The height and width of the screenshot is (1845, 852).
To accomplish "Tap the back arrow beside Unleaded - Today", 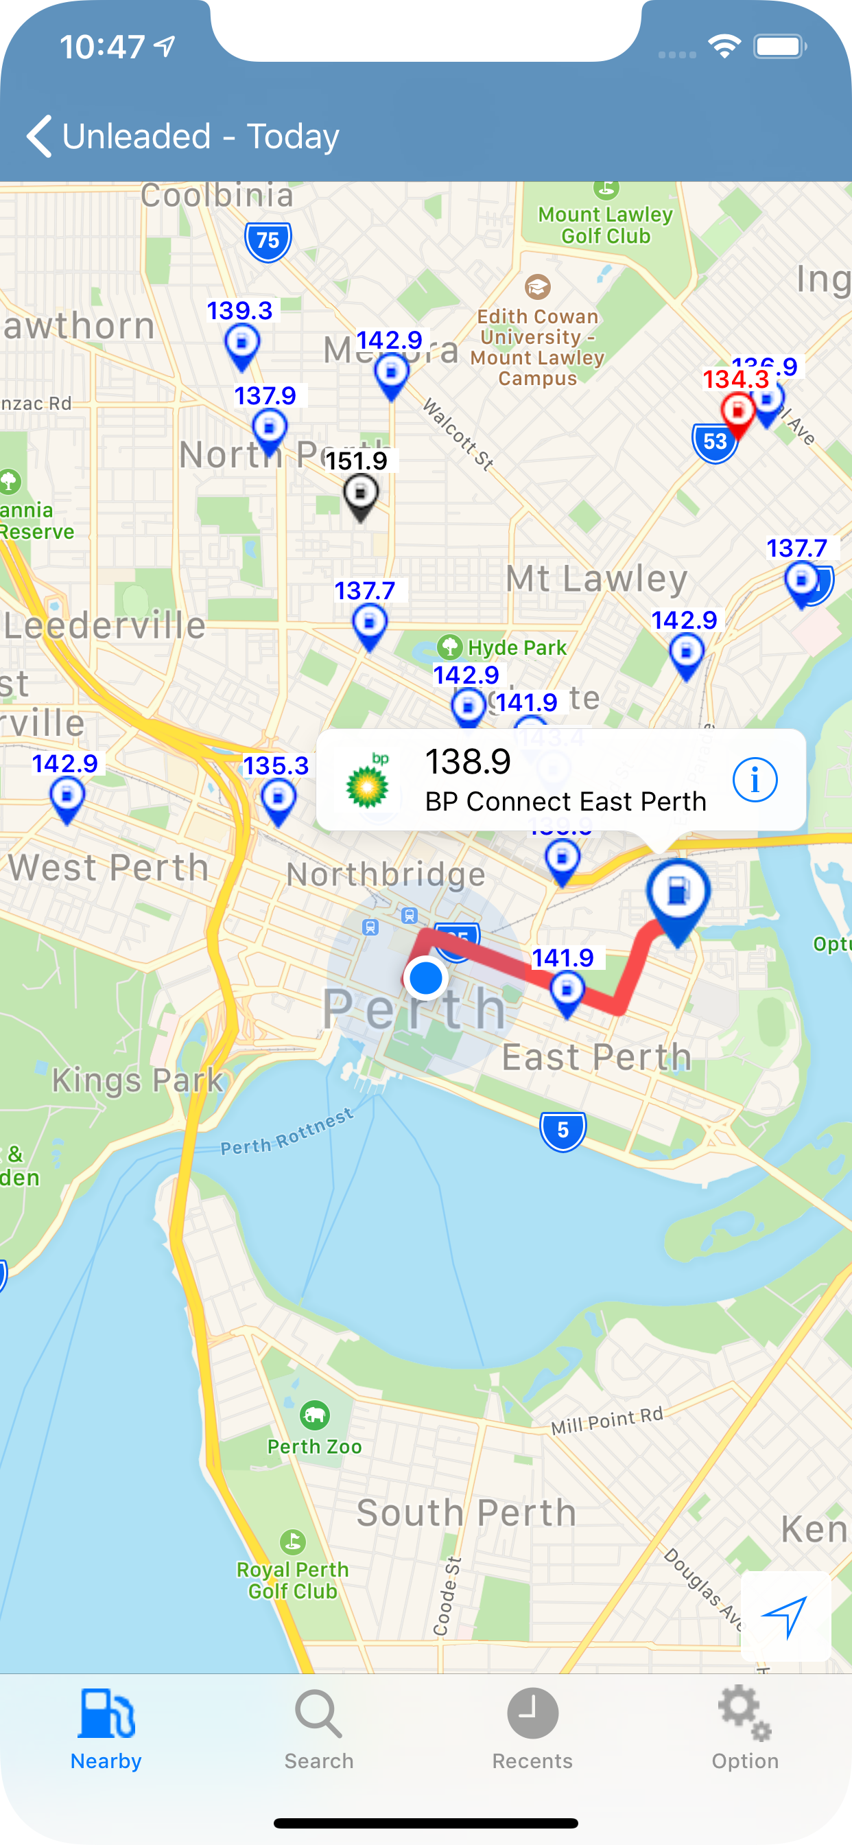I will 38,136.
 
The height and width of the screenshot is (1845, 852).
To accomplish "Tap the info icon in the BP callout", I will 754,779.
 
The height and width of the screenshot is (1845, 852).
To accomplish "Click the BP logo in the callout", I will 368,781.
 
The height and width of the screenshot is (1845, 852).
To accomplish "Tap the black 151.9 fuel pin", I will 360,495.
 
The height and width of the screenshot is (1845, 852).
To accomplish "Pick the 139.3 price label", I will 240,311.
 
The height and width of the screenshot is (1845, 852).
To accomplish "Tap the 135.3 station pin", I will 278,798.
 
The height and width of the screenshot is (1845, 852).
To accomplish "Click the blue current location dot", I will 425,978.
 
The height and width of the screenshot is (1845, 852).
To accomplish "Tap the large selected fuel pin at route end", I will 677,895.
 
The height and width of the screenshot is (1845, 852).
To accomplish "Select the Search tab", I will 318,1728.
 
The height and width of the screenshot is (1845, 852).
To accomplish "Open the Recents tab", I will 532,1728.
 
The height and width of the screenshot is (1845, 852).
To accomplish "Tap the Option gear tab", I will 744,1728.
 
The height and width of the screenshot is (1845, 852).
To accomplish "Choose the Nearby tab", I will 106,1728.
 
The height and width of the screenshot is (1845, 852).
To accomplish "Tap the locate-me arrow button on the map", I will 785,1616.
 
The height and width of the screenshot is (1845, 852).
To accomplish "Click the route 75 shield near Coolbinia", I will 268,241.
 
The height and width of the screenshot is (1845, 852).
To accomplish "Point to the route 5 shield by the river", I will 563,1131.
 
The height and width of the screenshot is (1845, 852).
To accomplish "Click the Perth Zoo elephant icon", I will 315,1415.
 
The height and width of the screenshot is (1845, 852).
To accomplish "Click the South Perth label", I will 466,1512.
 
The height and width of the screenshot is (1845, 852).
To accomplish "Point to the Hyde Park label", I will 517,647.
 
